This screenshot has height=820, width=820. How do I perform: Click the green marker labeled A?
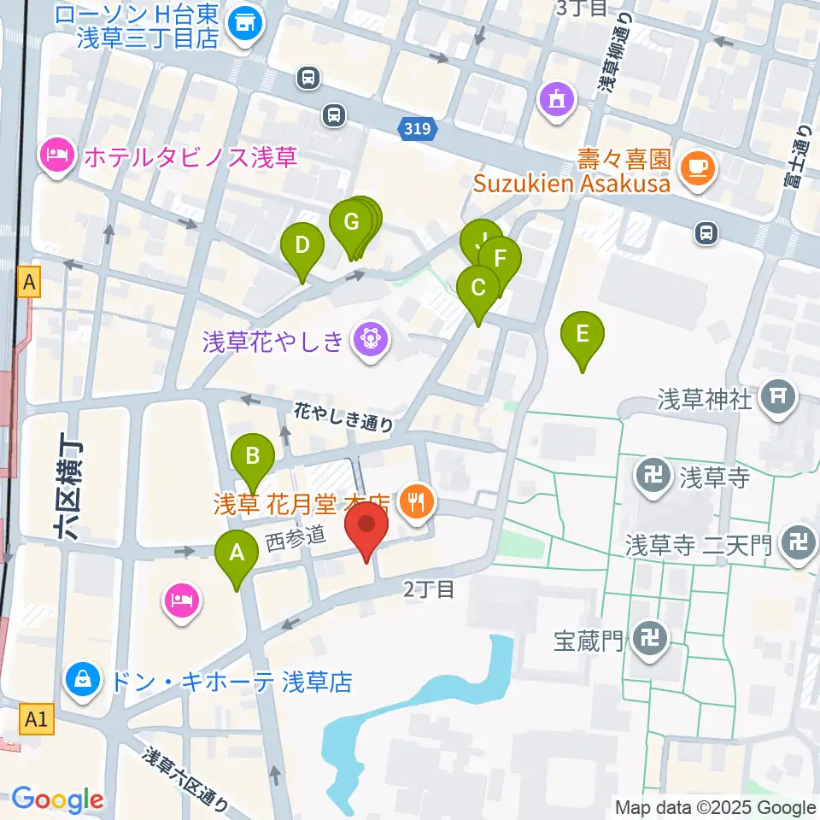tap(237, 553)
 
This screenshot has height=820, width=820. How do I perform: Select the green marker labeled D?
tap(302, 246)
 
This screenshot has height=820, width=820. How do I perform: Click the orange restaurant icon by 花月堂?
tap(417, 501)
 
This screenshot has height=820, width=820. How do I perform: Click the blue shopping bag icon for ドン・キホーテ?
tap(84, 681)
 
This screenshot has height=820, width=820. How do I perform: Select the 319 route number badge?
tap(419, 129)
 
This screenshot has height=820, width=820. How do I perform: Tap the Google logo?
tap(57, 799)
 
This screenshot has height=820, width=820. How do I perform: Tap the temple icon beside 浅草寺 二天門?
tap(799, 544)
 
